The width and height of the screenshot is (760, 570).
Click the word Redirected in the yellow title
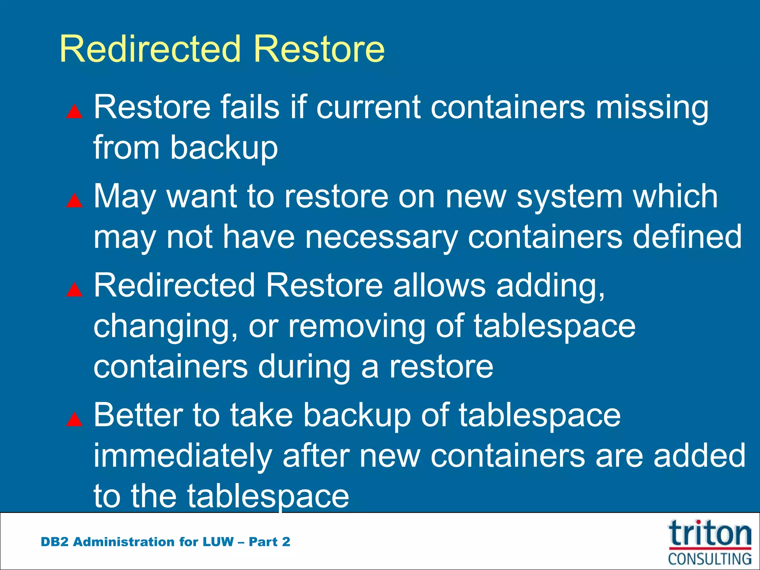(x=151, y=49)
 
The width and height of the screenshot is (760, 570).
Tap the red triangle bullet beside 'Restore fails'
(x=74, y=111)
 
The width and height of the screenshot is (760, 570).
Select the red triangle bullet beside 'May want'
(x=74, y=200)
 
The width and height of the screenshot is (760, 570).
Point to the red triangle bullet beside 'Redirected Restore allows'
(x=74, y=290)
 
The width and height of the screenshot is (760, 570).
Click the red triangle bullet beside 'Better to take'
(x=74, y=419)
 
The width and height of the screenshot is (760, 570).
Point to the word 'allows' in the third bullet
(x=439, y=285)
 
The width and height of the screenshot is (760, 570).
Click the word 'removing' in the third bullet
(x=356, y=327)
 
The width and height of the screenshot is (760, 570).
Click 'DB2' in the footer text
(x=54, y=542)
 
